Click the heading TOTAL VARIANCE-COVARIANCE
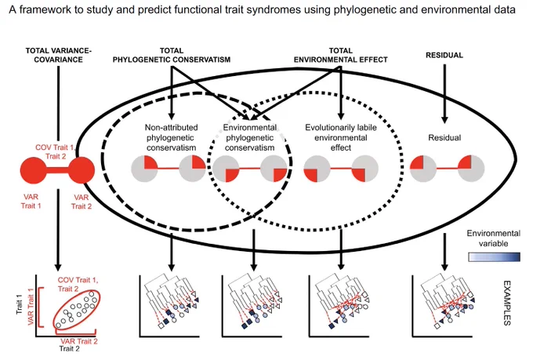(59, 55)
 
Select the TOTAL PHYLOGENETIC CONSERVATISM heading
(172, 55)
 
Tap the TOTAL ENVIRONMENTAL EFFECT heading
(341, 55)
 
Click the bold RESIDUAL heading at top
(444, 55)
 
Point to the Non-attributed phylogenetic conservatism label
(172, 137)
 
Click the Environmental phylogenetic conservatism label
(250, 137)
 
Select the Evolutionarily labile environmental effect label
(341, 137)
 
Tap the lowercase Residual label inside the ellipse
(444, 138)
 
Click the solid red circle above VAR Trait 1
(33, 169)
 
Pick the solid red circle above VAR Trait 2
(82, 169)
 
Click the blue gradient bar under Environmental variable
(495, 257)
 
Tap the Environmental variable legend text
(493, 238)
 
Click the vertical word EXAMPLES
(507, 303)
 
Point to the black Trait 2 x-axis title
(69, 349)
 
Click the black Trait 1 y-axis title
(20, 304)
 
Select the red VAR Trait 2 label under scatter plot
(79, 341)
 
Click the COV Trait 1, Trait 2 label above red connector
(55, 151)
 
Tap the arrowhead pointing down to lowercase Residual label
(444, 119)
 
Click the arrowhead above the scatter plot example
(58, 267)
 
